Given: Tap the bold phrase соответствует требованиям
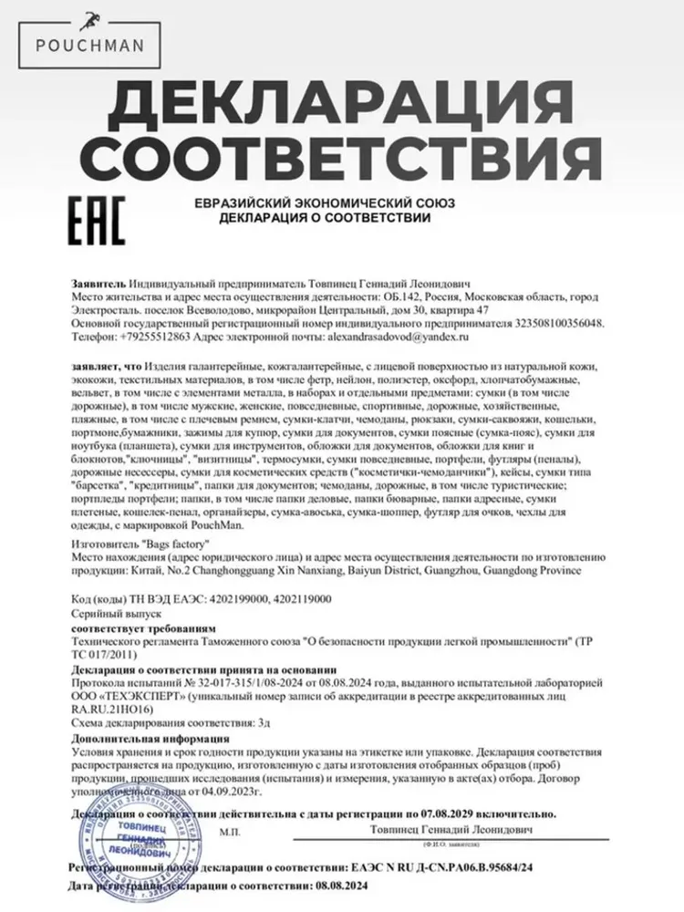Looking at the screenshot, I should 143,628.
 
